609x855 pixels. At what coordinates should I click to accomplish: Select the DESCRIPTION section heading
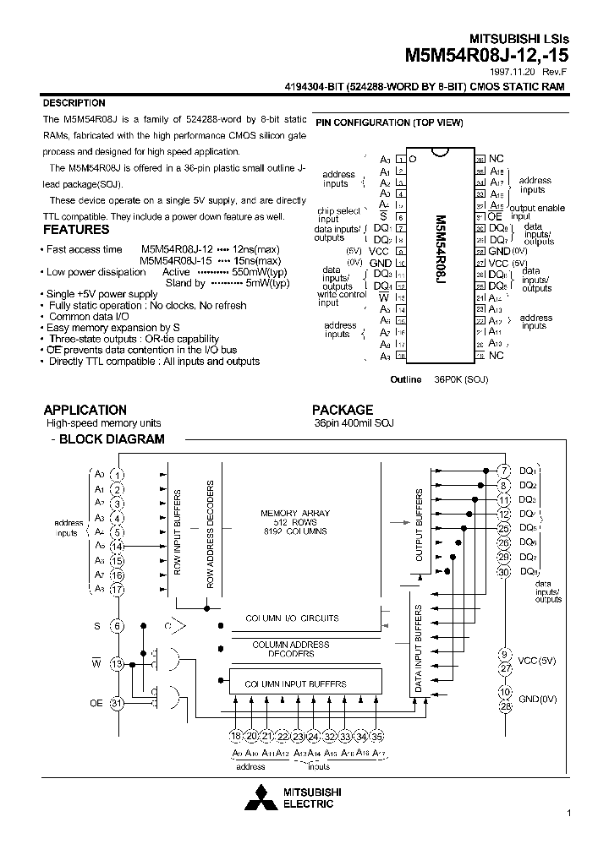[x=74, y=103]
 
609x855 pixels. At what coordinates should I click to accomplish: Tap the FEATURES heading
[x=76, y=229]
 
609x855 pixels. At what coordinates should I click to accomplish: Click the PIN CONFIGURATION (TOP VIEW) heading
[x=389, y=123]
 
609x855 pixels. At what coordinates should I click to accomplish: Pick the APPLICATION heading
[x=85, y=410]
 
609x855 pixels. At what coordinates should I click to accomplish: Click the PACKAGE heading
[x=343, y=410]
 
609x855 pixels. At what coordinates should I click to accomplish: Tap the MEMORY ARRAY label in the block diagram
[x=295, y=513]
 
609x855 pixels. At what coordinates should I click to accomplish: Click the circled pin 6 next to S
[x=118, y=626]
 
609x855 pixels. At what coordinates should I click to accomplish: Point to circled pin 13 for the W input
[x=118, y=664]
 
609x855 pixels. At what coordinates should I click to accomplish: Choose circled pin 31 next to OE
[x=118, y=703]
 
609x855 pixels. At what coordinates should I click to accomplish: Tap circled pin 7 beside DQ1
[x=504, y=471]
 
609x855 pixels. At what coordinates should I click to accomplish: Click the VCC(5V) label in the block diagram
[x=536, y=661]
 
